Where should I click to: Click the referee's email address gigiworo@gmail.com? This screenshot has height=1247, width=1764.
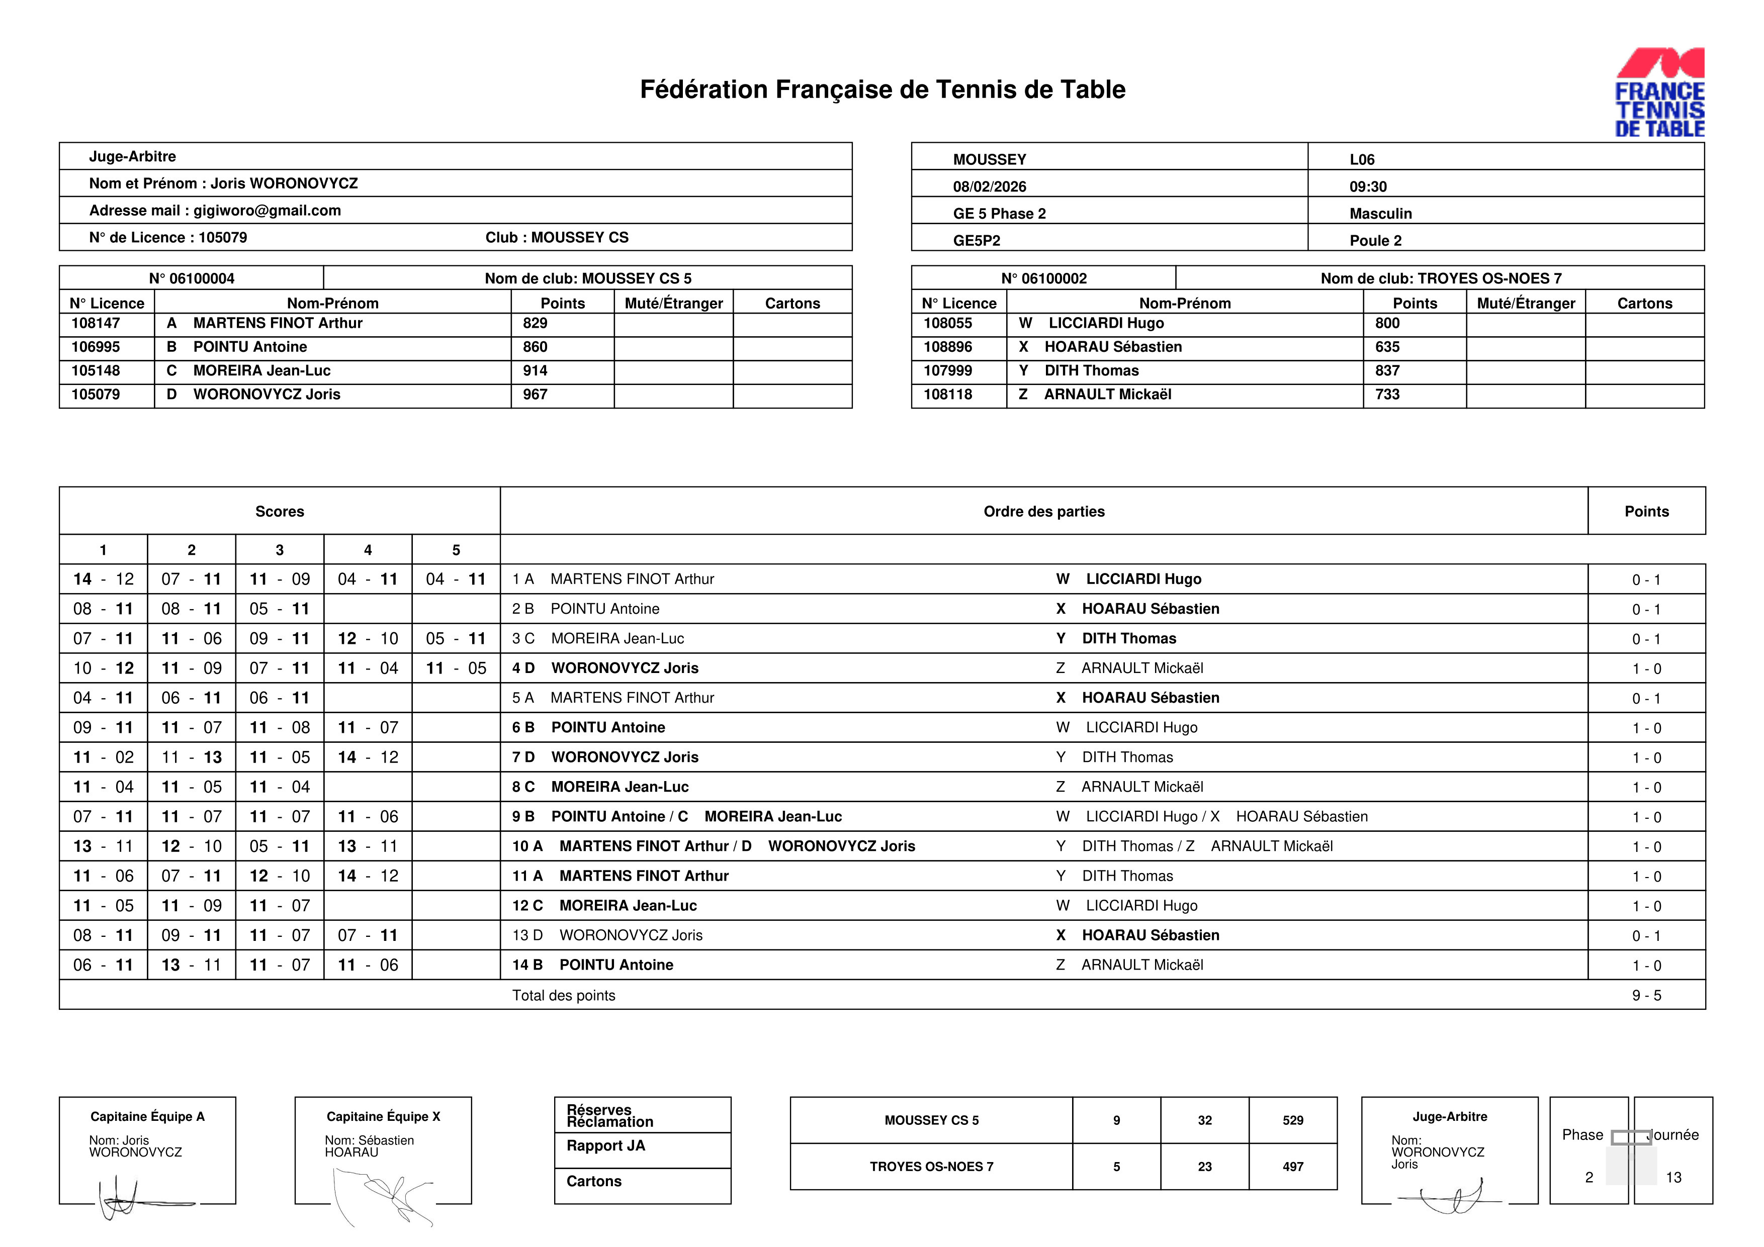click(267, 211)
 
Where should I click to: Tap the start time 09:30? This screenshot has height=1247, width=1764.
click(1368, 186)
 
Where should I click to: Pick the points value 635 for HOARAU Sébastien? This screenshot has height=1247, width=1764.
click(1387, 347)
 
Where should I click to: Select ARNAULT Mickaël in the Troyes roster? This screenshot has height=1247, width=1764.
click(1107, 395)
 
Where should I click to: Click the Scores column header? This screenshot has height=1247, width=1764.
click(279, 511)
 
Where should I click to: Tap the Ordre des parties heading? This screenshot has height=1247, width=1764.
click(1043, 511)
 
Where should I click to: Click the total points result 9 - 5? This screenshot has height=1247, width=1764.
click(1646, 996)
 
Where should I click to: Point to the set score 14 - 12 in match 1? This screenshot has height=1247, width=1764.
click(103, 579)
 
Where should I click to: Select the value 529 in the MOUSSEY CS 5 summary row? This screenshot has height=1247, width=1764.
click(1292, 1120)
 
